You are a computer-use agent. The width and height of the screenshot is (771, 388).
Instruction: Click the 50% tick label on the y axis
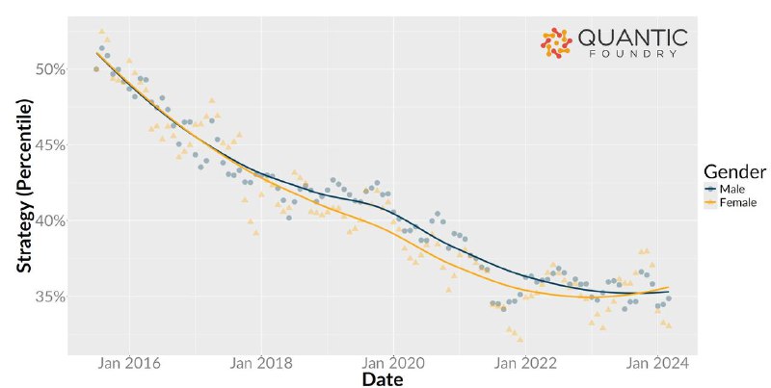click(x=51, y=69)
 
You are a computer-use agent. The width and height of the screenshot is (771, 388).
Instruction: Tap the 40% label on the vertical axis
click(x=51, y=220)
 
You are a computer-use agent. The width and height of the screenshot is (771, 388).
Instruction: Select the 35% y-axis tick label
click(x=51, y=297)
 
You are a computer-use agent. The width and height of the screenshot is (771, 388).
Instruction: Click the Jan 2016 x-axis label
click(x=129, y=363)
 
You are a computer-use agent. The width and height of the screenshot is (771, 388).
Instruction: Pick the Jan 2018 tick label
click(x=261, y=363)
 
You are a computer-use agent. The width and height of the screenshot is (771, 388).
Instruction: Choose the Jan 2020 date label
click(x=393, y=363)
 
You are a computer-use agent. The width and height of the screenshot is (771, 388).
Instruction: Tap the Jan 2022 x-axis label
click(x=525, y=363)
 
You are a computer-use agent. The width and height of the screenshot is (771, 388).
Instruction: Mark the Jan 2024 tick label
click(x=657, y=363)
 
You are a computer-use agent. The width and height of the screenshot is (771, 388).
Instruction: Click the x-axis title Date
click(x=383, y=379)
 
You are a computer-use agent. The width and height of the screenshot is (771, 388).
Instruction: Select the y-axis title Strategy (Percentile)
click(x=25, y=186)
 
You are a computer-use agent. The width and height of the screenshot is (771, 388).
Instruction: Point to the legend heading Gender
click(x=734, y=172)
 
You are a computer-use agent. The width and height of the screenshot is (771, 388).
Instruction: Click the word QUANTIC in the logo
click(x=633, y=38)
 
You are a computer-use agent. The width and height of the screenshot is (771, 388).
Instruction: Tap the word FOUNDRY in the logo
click(x=633, y=54)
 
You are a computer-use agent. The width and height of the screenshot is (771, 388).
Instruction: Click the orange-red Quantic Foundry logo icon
click(x=556, y=43)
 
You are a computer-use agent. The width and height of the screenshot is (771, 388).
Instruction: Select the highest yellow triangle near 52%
click(x=102, y=31)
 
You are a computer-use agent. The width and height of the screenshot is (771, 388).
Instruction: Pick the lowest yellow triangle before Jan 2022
click(x=519, y=339)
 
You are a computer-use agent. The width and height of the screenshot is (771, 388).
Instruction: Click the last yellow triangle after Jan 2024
click(x=668, y=325)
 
